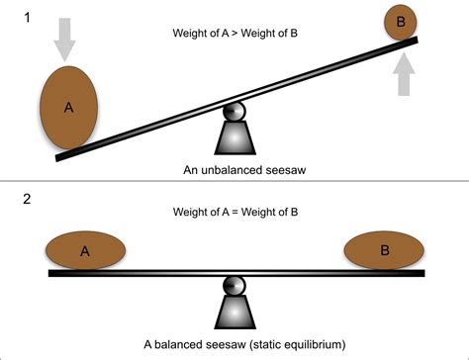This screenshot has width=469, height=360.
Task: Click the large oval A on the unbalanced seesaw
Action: tap(68, 108)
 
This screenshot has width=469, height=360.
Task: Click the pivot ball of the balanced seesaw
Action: tap(234, 286)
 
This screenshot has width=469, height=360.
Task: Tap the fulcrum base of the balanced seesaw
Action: tap(234, 314)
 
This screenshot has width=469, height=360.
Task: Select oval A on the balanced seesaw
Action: tap(84, 250)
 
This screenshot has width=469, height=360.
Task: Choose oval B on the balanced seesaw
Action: tap(385, 250)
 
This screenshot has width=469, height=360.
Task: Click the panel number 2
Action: tap(11, 199)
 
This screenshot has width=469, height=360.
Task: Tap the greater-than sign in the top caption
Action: tap(234, 34)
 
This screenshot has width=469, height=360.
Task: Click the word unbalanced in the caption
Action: tap(229, 170)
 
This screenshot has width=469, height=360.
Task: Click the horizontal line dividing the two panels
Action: tap(234, 184)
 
